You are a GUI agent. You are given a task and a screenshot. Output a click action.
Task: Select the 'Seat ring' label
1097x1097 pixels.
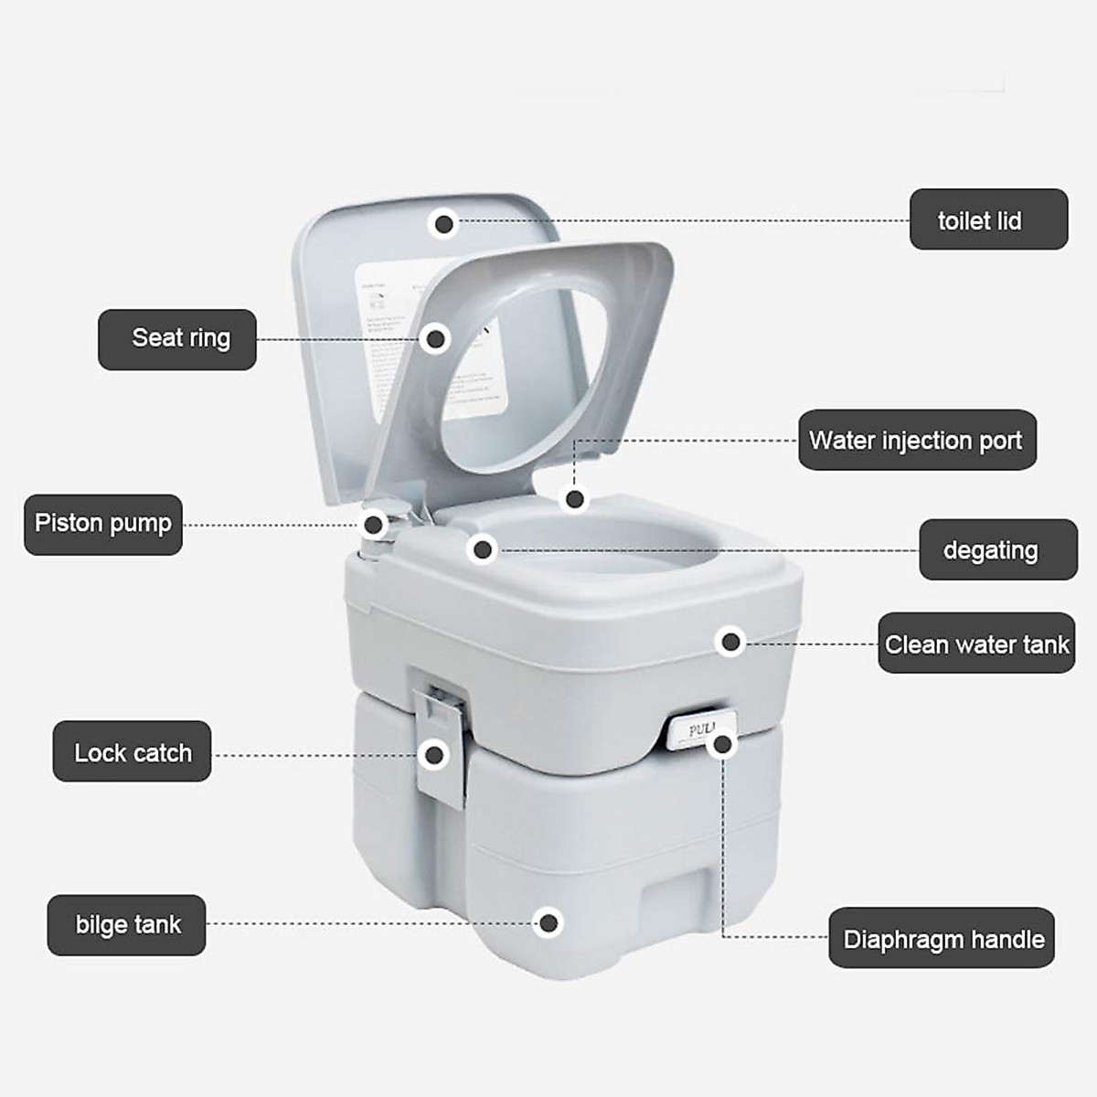[x=177, y=339]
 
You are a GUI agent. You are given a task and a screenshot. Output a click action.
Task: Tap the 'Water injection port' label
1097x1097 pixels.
[x=917, y=440]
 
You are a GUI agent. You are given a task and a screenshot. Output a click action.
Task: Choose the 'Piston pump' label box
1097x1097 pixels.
[x=103, y=524]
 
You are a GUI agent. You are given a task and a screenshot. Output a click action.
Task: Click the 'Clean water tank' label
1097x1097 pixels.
[x=976, y=644]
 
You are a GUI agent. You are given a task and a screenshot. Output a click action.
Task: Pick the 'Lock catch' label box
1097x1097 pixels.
[x=132, y=751]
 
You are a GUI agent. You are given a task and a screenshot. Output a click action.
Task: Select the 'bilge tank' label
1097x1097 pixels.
[x=127, y=925]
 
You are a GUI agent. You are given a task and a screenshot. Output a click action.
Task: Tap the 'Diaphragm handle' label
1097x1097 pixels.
[x=942, y=938]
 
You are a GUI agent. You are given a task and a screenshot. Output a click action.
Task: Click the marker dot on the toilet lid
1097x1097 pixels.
[x=444, y=223]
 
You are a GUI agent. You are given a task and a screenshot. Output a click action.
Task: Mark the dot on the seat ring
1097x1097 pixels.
[x=436, y=339]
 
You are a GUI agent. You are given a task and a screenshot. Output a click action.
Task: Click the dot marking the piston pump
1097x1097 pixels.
[x=374, y=525]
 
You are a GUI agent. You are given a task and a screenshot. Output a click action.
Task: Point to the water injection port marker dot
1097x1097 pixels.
[x=574, y=499]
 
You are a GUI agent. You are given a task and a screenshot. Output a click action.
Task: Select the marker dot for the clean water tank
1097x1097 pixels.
[x=730, y=642]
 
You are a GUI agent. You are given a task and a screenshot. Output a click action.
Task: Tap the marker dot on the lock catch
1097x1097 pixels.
[x=435, y=754]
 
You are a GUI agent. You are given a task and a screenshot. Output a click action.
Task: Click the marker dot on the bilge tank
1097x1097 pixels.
[x=548, y=923]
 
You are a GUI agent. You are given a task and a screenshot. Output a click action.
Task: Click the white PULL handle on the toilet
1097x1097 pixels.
[x=698, y=731]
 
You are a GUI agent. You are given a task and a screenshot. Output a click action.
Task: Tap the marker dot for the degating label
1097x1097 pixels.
[x=482, y=549]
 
